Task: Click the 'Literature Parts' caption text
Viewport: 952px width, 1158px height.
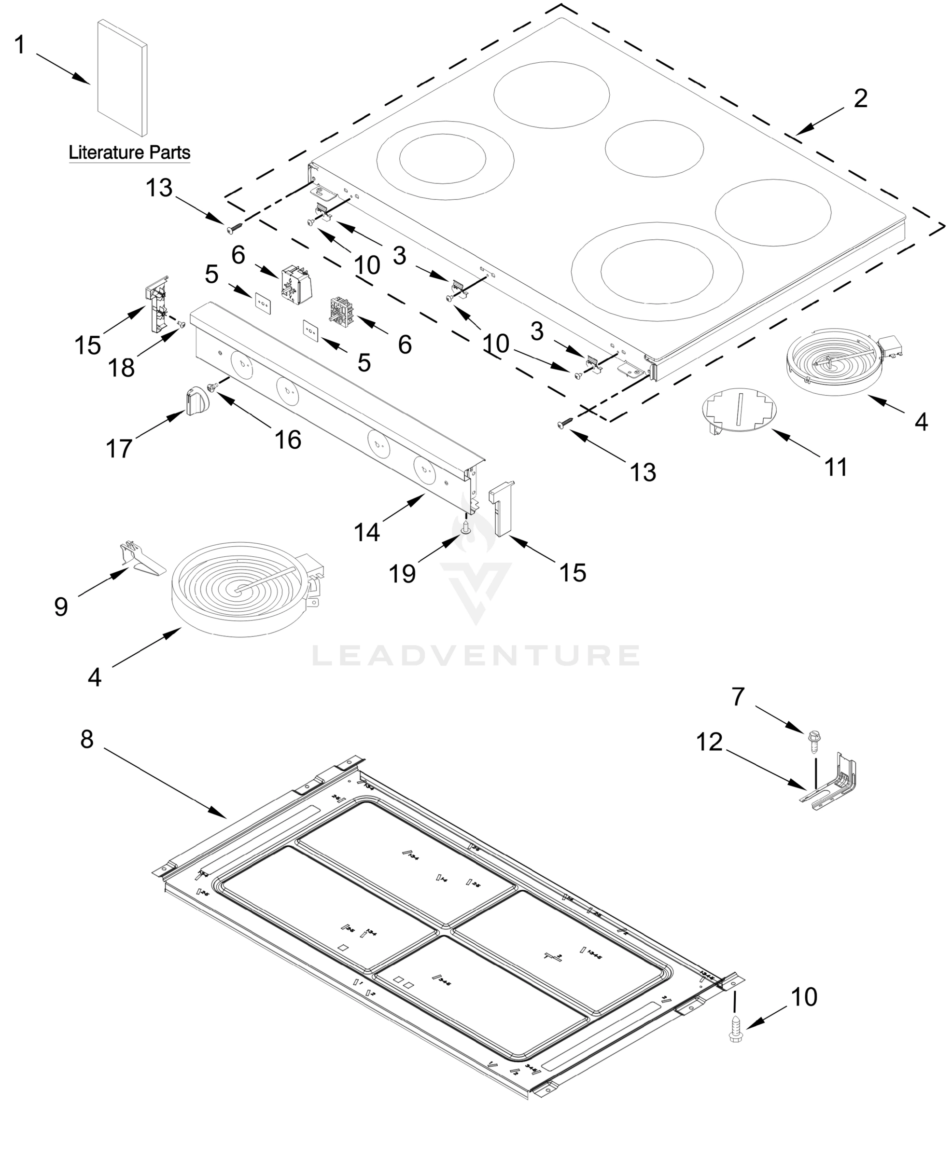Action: tap(129, 152)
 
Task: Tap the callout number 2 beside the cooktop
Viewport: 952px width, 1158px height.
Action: tap(860, 98)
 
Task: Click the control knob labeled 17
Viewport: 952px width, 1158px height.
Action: tap(194, 400)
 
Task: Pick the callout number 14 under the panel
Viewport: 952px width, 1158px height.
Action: tap(366, 532)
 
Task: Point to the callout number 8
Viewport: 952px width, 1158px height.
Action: tap(87, 739)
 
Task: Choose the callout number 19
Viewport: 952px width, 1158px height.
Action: tap(402, 574)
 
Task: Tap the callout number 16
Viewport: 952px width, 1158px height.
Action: tap(288, 440)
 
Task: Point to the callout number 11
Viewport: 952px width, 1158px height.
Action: tap(836, 467)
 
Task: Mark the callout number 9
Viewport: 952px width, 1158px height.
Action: tap(61, 607)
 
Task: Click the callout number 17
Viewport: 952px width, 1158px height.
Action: tap(119, 449)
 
